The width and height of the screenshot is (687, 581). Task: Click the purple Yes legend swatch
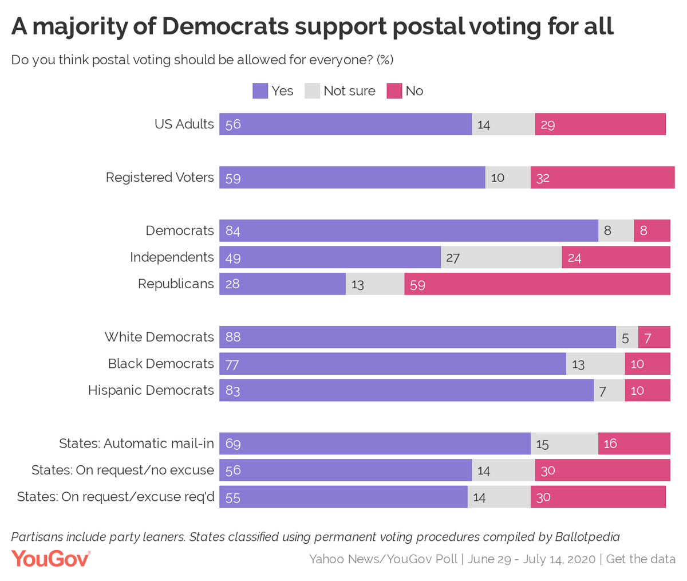click(x=260, y=91)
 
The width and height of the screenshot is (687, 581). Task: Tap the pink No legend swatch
click(x=394, y=91)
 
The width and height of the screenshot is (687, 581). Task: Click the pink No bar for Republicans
click(x=537, y=284)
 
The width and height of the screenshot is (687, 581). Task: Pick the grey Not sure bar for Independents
click(x=501, y=257)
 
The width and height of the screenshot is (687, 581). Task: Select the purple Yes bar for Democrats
click(x=409, y=231)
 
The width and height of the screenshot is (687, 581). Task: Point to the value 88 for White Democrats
click(x=233, y=337)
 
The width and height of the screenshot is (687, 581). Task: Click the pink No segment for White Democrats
click(x=654, y=337)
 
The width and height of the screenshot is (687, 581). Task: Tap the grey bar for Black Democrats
click(x=595, y=364)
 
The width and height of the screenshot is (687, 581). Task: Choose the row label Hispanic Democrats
click(x=151, y=391)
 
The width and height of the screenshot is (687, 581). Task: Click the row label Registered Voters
click(x=160, y=178)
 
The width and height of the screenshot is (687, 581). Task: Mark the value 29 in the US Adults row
click(x=547, y=124)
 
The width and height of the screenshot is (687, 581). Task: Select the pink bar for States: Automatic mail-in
click(x=634, y=443)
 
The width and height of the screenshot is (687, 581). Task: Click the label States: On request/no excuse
click(x=123, y=470)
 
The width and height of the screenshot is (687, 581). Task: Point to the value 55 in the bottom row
click(x=233, y=497)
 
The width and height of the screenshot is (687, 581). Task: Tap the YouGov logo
click(x=51, y=559)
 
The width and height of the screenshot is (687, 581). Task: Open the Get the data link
click(x=641, y=559)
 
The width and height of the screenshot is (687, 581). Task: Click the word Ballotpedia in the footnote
click(x=587, y=537)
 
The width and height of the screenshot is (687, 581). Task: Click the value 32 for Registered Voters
click(x=543, y=178)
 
